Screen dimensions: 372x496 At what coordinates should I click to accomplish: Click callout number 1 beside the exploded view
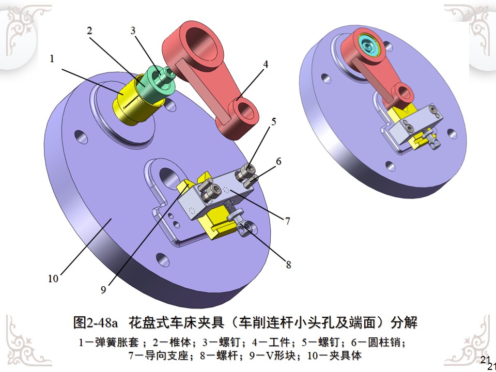(x=52, y=59)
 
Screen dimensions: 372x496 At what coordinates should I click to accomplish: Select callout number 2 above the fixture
(x=89, y=30)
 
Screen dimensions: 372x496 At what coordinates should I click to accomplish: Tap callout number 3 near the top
(x=133, y=30)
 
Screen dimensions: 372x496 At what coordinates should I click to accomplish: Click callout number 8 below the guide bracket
(x=288, y=265)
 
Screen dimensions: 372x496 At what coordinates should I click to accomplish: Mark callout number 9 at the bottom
(x=103, y=290)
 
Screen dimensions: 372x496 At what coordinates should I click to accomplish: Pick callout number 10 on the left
(x=53, y=278)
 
